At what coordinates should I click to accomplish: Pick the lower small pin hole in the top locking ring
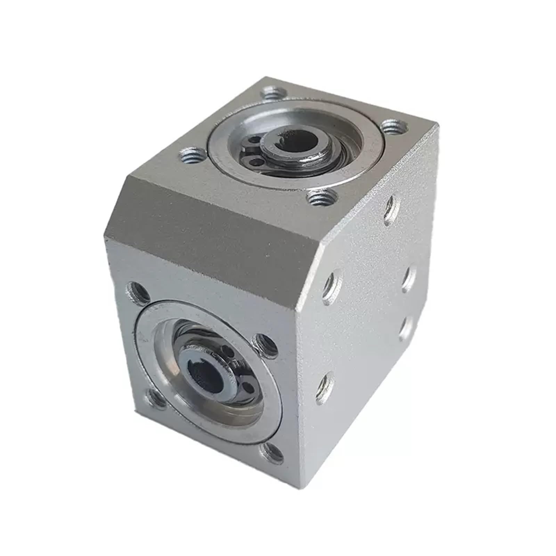[257, 161]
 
